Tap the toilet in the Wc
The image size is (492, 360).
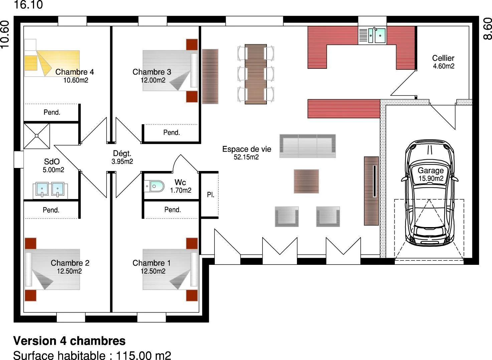154,186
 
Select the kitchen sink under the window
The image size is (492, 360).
372,35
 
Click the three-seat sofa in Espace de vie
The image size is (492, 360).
308,146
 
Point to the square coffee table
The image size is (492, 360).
306,181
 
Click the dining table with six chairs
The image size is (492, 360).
256,74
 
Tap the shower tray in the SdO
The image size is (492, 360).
37,136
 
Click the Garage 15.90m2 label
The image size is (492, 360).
431,174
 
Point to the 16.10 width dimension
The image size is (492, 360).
28,5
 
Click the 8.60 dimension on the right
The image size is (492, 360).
487,29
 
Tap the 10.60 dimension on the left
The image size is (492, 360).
5,34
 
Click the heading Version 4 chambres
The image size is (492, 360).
69,341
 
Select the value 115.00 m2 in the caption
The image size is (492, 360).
143,355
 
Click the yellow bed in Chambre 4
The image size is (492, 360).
52,63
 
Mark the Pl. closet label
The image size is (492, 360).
210,195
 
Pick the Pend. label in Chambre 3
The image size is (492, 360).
172,133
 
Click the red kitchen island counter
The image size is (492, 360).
344,109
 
